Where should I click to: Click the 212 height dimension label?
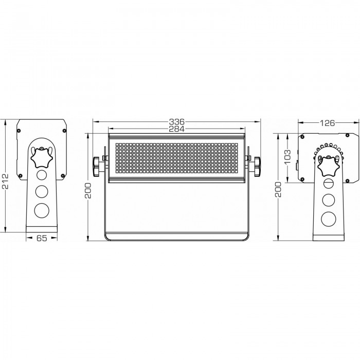click(5, 181)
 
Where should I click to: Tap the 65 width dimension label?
click(42, 238)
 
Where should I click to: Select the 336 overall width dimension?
click(176, 121)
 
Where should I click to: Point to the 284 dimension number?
click(176, 129)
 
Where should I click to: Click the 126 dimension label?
click(328, 123)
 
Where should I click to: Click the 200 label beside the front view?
click(88, 191)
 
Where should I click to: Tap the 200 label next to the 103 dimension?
click(278, 189)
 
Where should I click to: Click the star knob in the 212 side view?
click(42, 157)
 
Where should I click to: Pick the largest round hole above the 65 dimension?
click(42, 210)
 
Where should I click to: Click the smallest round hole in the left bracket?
click(42, 175)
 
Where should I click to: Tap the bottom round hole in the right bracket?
click(329, 219)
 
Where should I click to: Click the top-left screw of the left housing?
click(19, 131)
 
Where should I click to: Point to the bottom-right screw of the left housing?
click(62, 176)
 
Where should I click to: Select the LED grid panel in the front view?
click(177, 159)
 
